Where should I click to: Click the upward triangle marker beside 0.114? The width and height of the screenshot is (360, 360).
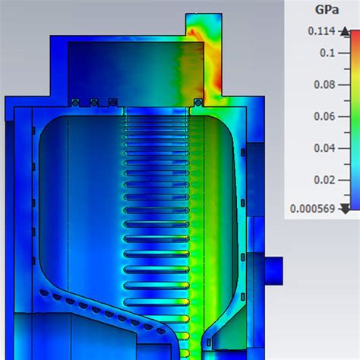pos(346,32)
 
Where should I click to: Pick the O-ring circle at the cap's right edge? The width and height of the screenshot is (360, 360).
pos(197,102)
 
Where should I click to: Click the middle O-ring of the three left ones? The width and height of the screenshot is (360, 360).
pos(93,102)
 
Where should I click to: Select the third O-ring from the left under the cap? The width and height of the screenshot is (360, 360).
pos(112,102)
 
